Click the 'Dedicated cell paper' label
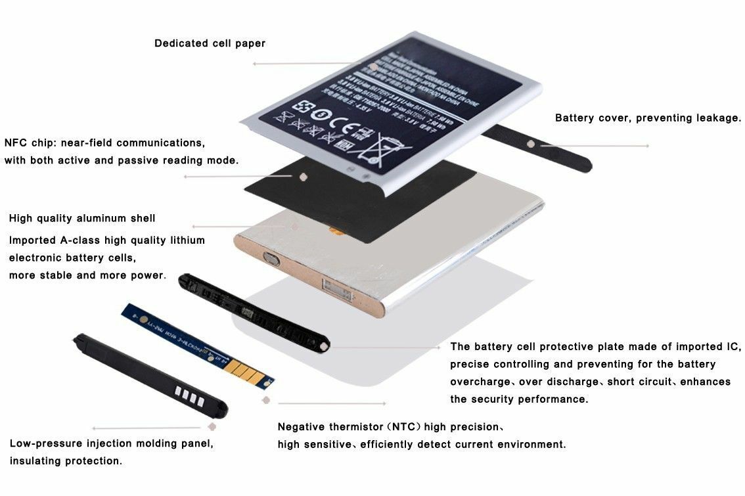click(x=210, y=44)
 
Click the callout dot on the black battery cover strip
click(x=530, y=143)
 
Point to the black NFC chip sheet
click(x=342, y=197)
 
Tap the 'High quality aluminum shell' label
click(x=82, y=218)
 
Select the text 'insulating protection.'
click(x=66, y=461)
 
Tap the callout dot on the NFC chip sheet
click(x=303, y=176)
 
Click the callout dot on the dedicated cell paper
click(x=373, y=66)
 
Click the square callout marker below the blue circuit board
click(x=265, y=399)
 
